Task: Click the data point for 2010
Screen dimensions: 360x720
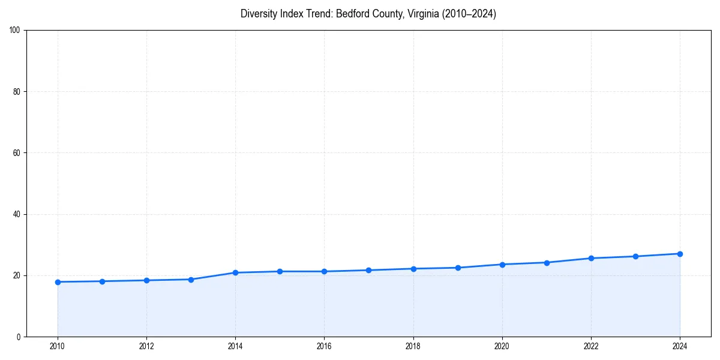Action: (x=58, y=282)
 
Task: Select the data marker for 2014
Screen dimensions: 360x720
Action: (x=235, y=272)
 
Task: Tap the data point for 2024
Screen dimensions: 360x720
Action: (x=680, y=254)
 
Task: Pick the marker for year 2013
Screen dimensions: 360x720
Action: (x=191, y=280)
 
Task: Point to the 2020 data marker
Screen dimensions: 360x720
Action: (x=502, y=265)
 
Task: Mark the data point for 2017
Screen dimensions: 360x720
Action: (x=368, y=270)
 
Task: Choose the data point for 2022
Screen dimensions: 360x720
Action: (x=591, y=258)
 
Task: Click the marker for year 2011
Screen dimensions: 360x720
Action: (x=102, y=281)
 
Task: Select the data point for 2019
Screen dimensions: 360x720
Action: (x=458, y=268)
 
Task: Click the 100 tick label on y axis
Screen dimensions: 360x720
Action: (x=16, y=31)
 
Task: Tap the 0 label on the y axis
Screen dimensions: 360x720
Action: (x=19, y=337)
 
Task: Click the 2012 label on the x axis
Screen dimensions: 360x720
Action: (x=146, y=346)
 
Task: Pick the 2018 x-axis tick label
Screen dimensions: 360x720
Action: (x=413, y=346)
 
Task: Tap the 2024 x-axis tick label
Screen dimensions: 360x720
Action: (x=680, y=346)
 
